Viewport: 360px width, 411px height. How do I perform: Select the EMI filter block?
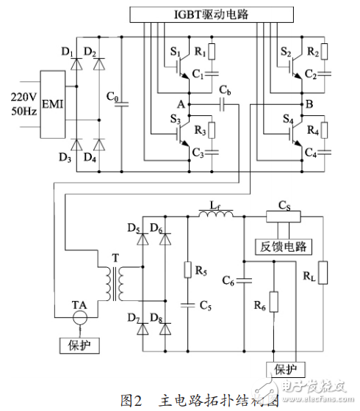52,103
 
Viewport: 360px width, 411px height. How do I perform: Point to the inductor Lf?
217,214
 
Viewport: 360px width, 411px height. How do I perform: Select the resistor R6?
274,302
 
